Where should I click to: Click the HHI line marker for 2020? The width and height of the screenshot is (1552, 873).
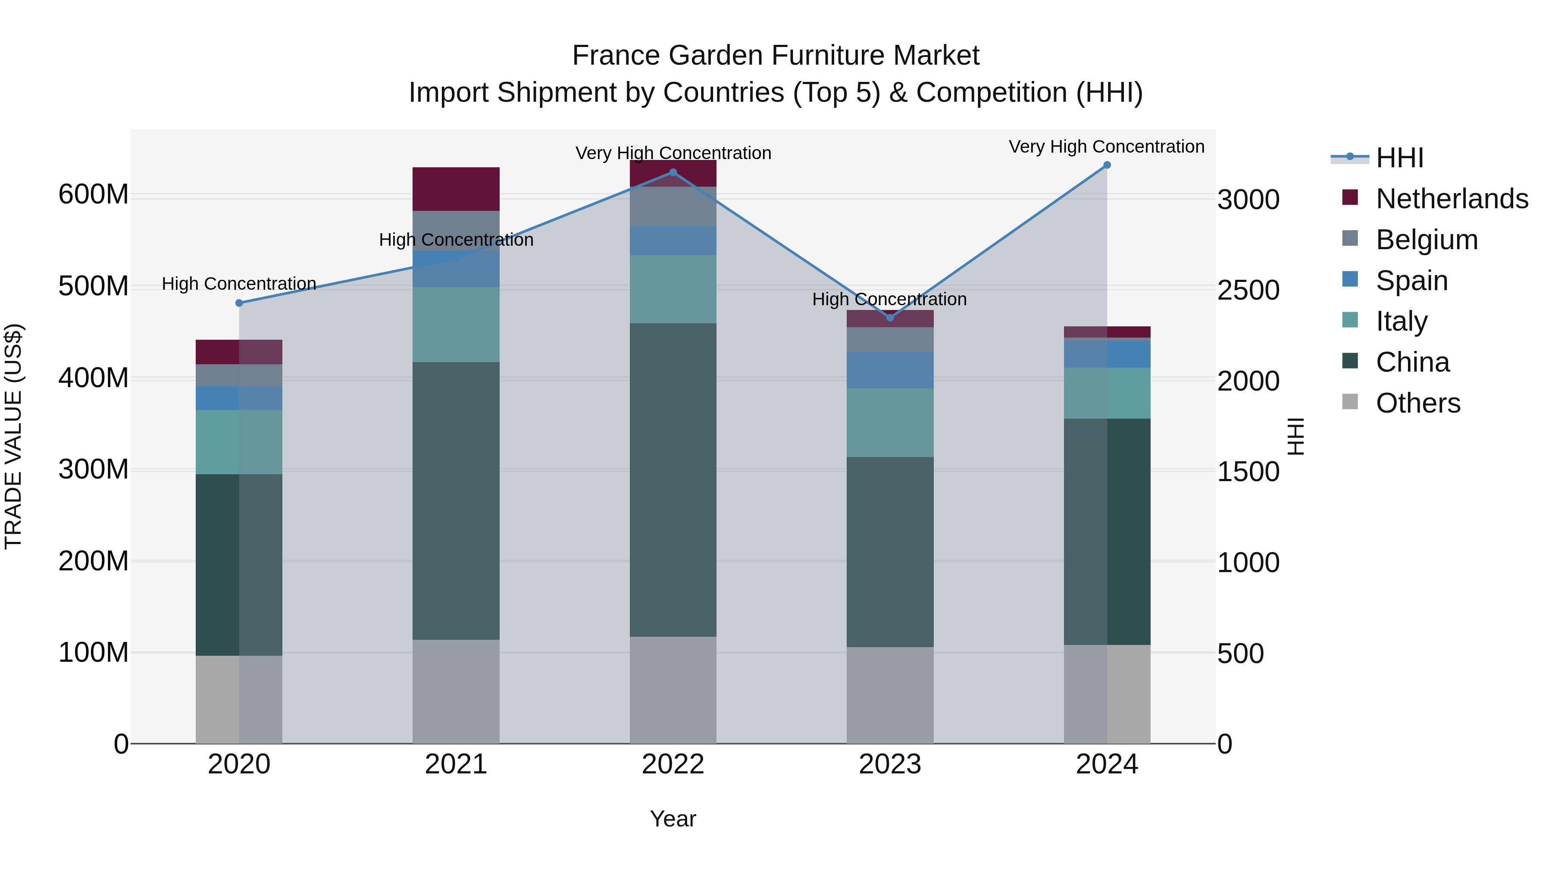tap(239, 303)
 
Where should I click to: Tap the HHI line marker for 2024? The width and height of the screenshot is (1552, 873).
tap(1107, 165)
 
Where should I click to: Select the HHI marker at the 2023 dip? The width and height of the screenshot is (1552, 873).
tap(890, 317)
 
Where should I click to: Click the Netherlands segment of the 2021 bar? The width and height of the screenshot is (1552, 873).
tap(456, 188)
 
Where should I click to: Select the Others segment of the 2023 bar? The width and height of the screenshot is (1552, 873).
tap(890, 695)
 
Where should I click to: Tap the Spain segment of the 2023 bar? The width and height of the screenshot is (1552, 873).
tap(890, 370)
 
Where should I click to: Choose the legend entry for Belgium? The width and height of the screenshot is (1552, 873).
tap(1426, 240)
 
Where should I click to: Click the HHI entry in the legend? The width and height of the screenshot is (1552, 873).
tap(1399, 158)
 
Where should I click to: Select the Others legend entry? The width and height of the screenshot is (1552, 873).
tap(1417, 403)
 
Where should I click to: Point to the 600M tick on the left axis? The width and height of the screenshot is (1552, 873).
tap(94, 194)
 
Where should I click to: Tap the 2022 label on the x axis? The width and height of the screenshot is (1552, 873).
tap(673, 764)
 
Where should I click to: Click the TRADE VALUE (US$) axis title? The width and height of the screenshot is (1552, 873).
tap(13, 436)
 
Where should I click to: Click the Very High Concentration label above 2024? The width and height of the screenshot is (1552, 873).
tap(1107, 147)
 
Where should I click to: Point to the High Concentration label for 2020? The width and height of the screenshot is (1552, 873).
tap(239, 283)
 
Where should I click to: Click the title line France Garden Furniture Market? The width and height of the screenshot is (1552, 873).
tap(776, 56)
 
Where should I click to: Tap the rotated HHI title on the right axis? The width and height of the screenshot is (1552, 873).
tap(1295, 436)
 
